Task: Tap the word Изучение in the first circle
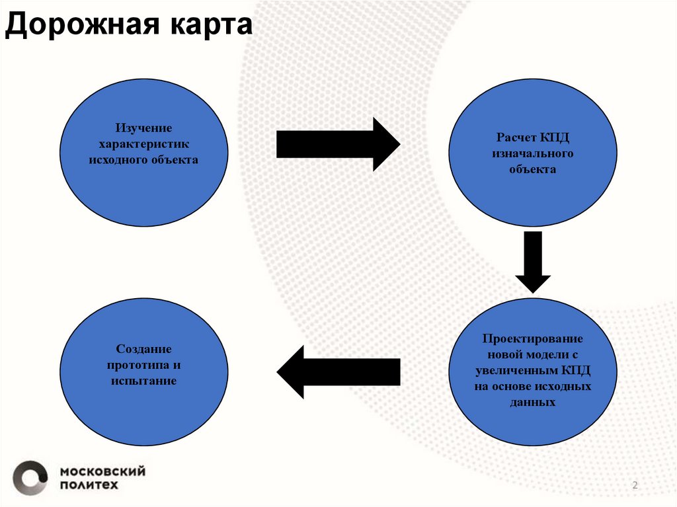coord(143,128)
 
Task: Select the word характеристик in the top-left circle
coord(143,143)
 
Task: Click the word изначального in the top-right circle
coord(532,153)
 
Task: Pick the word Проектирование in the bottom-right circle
coord(532,338)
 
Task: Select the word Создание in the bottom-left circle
coord(143,349)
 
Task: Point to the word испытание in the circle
coord(143,381)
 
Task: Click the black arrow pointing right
coord(338,144)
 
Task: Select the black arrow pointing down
coord(532,261)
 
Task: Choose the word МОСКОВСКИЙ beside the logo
coord(102,471)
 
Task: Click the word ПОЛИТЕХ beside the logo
coord(90,485)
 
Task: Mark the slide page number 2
coord(635,486)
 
